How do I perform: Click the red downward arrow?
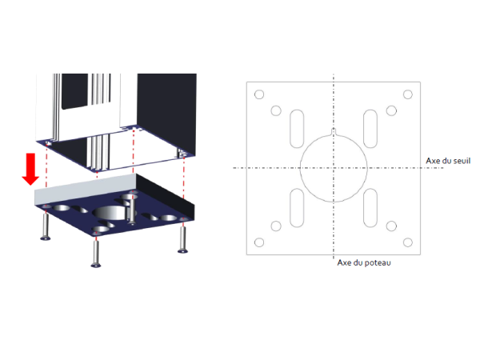click(x=30, y=169)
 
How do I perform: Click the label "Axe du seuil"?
click(x=448, y=161)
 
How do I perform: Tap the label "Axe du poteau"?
click(x=364, y=262)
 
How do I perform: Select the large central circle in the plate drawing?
click(x=300, y=168)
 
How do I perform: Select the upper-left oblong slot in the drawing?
click(x=290, y=129)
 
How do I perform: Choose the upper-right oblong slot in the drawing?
click(x=364, y=129)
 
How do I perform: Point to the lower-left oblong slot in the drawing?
click(x=290, y=208)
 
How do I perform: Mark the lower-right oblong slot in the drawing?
click(x=364, y=208)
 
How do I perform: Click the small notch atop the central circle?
click(x=334, y=131)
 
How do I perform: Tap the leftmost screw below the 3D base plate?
click(x=46, y=226)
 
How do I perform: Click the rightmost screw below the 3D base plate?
click(x=182, y=239)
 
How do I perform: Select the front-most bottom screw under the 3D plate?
click(x=96, y=254)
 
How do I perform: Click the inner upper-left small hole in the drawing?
click(x=276, y=110)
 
